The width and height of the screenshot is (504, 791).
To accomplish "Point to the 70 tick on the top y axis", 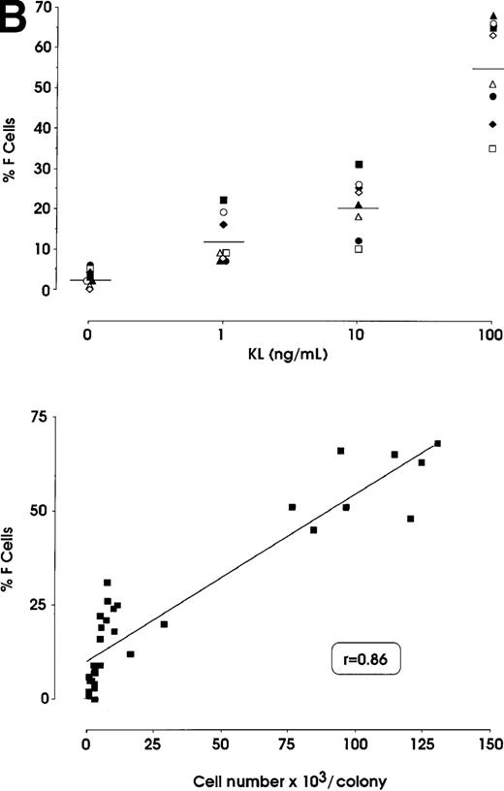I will (x=39, y=7).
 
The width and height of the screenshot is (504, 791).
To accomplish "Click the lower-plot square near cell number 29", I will (x=164, y=624).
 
